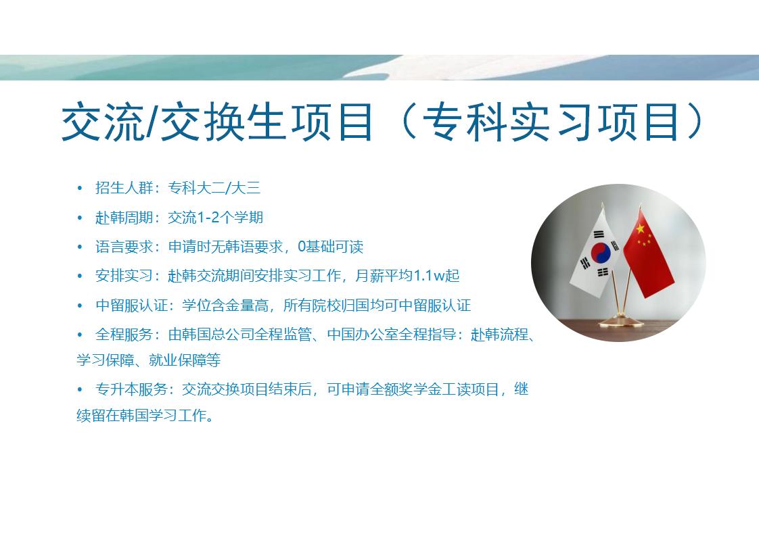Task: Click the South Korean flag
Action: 595,255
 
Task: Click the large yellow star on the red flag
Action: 640,228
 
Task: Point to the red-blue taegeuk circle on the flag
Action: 601,252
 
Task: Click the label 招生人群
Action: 124,188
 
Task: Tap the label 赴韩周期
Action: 124,218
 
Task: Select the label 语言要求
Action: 124,247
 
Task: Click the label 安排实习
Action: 124,276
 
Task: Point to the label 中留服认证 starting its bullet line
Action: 131,306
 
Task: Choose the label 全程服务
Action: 124,335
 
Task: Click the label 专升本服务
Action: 131,389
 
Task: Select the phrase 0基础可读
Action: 330,247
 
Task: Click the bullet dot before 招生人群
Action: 80,188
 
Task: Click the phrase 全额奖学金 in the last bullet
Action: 405,389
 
